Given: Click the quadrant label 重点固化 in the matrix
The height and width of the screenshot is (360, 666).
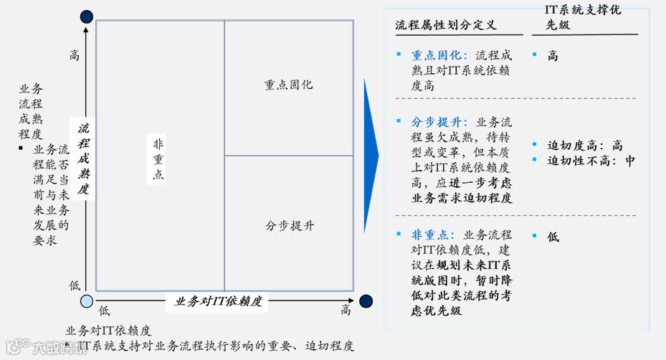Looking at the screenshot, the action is pyautogui.click(x=288, y=85).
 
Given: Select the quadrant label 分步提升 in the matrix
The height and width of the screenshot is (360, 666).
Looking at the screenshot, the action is pyautogui.click(x=290, y=226).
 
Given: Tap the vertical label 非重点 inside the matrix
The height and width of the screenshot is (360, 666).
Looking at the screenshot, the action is pyautogui.click(x=158, y=159).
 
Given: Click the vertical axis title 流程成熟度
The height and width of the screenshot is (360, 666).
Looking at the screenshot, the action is pyautogui.click(x=84, y=158).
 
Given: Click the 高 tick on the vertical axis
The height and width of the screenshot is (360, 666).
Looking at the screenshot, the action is pyautogui.click(x=75, y=55).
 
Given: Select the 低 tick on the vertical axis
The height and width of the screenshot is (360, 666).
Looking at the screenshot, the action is pyautogui.click(x=75, y=285).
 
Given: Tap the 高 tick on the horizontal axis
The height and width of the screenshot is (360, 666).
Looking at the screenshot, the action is pyautogui.click(x=346, y=310).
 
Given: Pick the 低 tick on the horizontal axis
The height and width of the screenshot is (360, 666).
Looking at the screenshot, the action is pyautogui.click(x=104, y=310).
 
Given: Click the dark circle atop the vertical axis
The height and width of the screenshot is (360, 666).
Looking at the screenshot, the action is pyautogui.click(x=87, y=16).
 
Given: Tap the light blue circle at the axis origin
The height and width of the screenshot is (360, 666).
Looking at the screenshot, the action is pyautogui.click(x=87, y=301).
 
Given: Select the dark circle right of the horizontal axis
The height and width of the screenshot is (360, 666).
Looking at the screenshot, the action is pyautogui.click(x=366, y=301).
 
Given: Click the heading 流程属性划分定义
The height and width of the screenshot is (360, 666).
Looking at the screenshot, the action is pyautogui.click(x=445, y=25).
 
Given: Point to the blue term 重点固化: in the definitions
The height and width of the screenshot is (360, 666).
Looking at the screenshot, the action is pyautogui.click(x=439, y=55).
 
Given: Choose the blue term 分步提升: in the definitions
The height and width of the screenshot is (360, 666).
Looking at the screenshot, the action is pyautogui.click(x=439, y=122).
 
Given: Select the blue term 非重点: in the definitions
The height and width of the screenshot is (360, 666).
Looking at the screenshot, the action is pyautogui.click(x=433, y=235).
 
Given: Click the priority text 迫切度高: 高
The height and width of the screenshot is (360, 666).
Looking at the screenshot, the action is pyautogui.click(x=585, y=145).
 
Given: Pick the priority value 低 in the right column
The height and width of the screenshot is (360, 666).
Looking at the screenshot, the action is pyautogui.click(x=553, y=236).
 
